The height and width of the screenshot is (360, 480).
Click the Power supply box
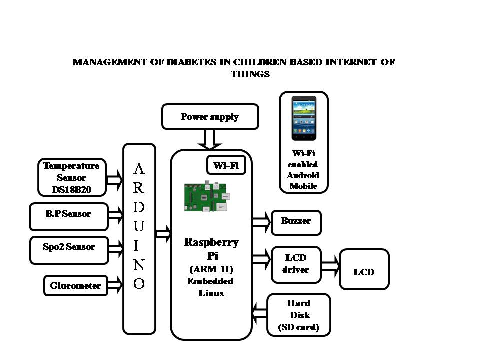(x=210, y=116)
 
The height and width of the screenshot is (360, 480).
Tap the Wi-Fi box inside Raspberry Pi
(x=226, y=165)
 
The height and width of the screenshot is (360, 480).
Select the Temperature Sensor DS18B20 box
(x=72, y=177)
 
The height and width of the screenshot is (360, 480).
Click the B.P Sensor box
(x=69, y=216)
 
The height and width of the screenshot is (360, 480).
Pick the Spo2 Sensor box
(x=69, y=250)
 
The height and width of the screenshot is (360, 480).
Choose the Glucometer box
(x=76, y=286)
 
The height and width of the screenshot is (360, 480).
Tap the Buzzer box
(x=296, y=223)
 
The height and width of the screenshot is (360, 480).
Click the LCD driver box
(x=296, y=265)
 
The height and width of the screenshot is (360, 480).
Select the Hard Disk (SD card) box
(x=299, y=315)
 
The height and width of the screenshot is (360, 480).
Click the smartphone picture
(x=304, y=118)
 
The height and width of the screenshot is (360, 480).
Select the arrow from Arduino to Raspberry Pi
(x=163, y=234)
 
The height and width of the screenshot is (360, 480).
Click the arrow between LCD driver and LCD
(x=330, y=266)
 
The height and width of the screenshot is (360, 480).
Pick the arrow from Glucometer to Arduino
(x=115, y=285)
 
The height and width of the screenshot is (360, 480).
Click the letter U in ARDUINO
(x=138, y=226)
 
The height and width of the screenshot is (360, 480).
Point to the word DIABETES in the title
(x=191, y=62)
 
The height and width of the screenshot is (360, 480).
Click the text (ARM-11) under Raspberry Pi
(x=211, y=269)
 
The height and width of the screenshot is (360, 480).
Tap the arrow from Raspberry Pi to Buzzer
(x=261, y=222)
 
